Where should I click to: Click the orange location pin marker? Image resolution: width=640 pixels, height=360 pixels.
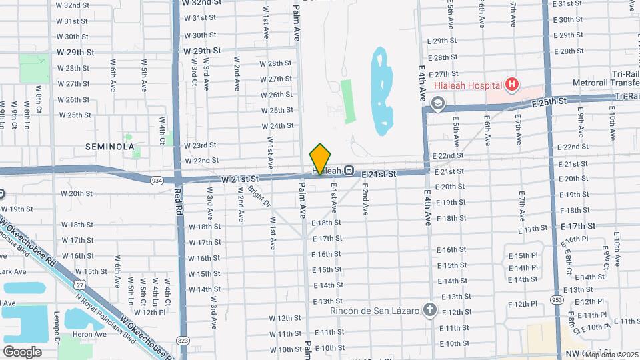point(320,158)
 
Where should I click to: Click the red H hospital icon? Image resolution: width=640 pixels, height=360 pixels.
point(512,84)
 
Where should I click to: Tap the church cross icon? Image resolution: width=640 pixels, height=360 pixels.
point(430,310)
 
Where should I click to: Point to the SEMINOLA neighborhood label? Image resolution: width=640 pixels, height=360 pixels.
point(110,146)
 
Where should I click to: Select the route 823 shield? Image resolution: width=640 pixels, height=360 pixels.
point(184,340)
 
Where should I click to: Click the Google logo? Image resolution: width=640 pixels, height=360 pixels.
point(22,351)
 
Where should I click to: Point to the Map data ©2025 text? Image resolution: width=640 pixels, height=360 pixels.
point(611,354)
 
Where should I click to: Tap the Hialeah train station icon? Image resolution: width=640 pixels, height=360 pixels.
point(349,170)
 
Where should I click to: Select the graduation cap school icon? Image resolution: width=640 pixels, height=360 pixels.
point(437,103)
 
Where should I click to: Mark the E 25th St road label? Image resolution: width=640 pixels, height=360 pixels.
point(549,102)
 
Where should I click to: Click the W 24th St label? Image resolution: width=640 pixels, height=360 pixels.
point(277,125)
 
